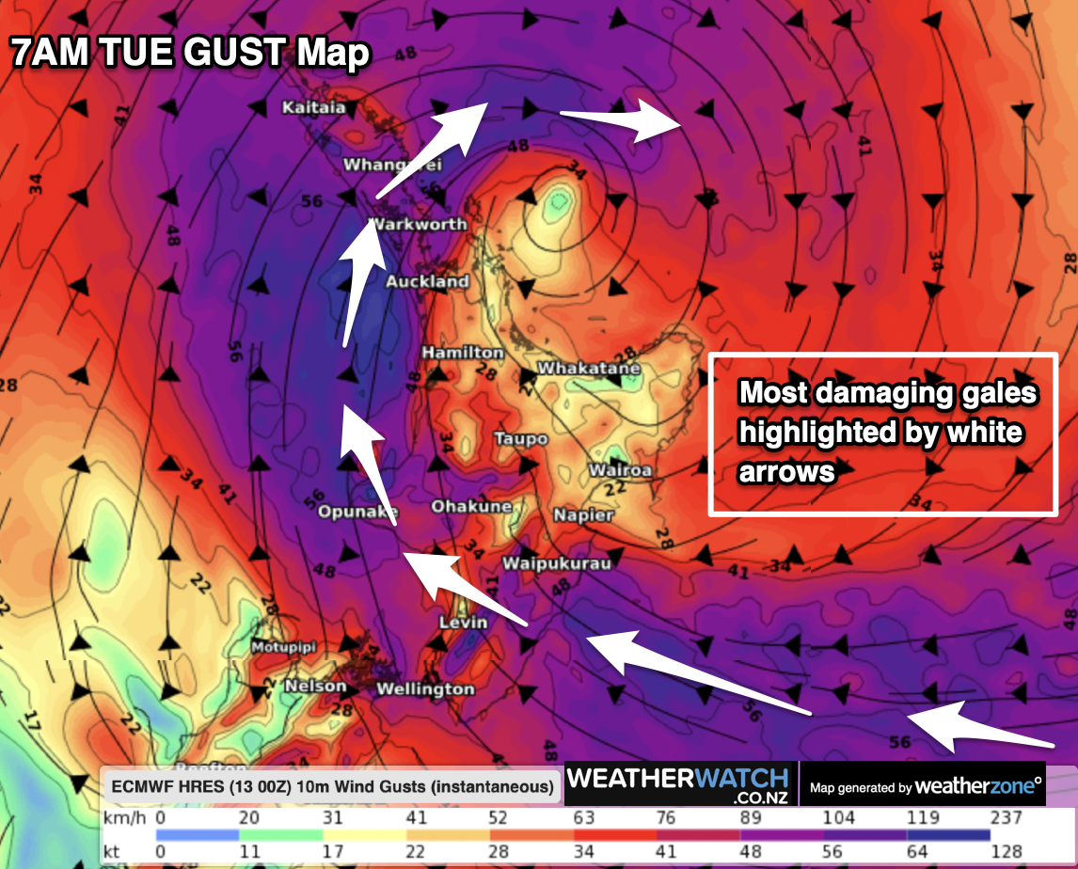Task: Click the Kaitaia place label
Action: click(x=314, y=107)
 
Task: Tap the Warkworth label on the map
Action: click(x=420, y=224)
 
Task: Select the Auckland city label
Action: click(x=427, y=281)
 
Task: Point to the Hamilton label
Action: click(x=462, y=352)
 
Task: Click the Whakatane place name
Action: click(x=589, y=369)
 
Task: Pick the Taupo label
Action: click(x=520, y=438)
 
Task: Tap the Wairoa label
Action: click(x=620, y=469)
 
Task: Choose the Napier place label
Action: click(x=583, y=514)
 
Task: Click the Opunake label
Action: click(x=357, y=512)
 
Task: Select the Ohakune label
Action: click(x=471, y=507)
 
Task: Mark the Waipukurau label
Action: click(x=557, y=563)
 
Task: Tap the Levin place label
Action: click(x=463, y=622)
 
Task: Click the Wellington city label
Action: click(x=425, y=689)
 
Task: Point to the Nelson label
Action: click(x=315, y=686)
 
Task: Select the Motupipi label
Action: click(x=282, y=647)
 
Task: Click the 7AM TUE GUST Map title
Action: click(x=190, y=54)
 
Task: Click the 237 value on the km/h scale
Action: click(x=1007, y=818)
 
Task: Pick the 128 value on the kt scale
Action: click(x=1007, y=851)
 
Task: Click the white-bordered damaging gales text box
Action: click(x=881, y=434)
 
